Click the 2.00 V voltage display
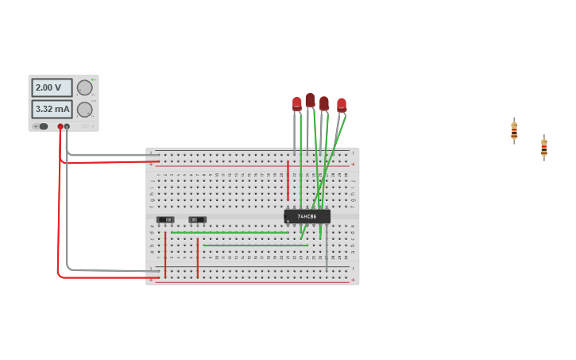[52, 87]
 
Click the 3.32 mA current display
[52, 109]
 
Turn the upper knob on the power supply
[84, 87]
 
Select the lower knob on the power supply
[84, 109]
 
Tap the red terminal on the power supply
[60, 126]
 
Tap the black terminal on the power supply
[67, 126]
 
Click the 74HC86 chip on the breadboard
[307, 216]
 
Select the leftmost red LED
[296, 103]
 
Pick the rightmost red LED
[342, 104]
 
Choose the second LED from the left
[310, 100]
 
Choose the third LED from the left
[323, 103]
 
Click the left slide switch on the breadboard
[165, 219]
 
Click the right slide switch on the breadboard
[197, 219]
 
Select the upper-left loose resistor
[514, 131]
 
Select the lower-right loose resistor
[543, 147]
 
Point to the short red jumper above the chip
[288, 180]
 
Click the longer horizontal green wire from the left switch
[230, 232]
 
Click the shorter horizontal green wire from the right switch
[254, 246]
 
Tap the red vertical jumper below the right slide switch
[197, 258]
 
